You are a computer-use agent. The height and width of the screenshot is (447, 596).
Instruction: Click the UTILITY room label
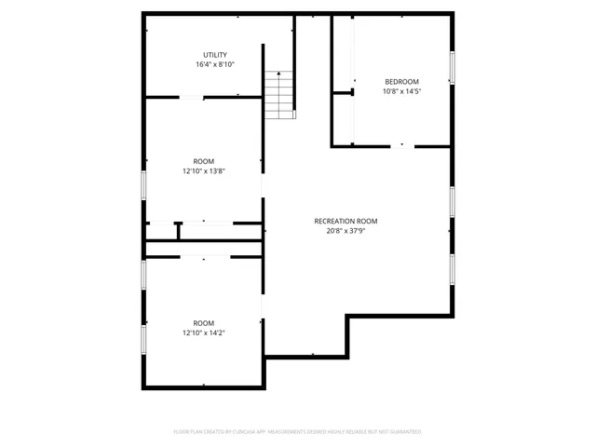click(215, 55)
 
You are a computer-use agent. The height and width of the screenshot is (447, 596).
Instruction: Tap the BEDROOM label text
click(401, 81)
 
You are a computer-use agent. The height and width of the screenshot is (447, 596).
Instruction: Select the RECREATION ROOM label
click(345, 221)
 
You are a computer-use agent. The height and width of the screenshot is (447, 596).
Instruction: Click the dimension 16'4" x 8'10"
click(215, 65)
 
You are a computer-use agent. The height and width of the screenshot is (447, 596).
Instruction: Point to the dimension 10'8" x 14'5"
click(401, 91)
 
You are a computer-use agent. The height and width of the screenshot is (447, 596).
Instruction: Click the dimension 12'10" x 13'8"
click(204, 171)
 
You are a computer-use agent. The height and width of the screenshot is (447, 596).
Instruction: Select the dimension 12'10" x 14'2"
click(204, 332)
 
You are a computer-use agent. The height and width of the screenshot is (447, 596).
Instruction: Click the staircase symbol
click(279, 94)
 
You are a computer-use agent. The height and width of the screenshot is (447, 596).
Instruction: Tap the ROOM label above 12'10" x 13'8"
click(204, 161)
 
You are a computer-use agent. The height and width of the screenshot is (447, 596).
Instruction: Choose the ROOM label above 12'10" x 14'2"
click(204, 322)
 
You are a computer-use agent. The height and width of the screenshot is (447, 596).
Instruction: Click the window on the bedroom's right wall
click(453, 67)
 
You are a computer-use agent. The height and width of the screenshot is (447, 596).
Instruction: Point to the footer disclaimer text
click(298, 432)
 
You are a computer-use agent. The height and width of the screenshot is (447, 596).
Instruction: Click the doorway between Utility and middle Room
click(193, 97)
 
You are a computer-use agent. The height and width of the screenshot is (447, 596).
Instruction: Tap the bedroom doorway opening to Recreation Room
click(401, 145)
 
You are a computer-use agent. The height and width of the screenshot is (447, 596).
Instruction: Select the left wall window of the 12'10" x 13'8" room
click(143, 184)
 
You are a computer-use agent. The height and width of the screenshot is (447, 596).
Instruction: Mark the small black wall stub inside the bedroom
click(351, 91)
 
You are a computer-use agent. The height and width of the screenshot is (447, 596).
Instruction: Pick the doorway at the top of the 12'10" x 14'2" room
click(204, 256)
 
